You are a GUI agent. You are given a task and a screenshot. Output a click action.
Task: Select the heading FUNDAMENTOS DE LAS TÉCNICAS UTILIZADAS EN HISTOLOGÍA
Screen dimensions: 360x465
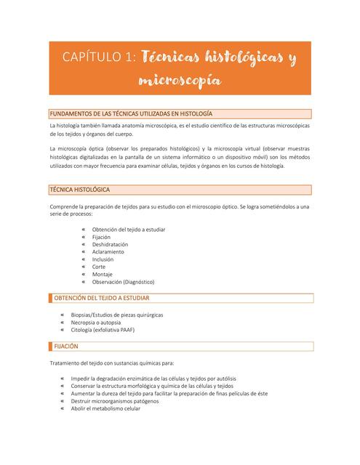[130, 113]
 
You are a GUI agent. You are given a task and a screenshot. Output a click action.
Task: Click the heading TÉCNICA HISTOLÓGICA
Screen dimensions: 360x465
[79, 190]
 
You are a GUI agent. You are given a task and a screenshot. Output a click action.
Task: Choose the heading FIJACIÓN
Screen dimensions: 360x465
[65, 346]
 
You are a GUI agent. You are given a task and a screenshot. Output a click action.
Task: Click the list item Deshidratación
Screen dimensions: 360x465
[110, 244]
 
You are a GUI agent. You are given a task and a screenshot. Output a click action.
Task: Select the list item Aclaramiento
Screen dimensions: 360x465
[108, 251]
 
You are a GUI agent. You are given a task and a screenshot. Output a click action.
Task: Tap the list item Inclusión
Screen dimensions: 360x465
[103, 259]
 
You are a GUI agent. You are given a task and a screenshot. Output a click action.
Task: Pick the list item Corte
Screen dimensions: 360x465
[99, 267]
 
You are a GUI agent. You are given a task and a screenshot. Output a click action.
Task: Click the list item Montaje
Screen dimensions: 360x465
[102, 274]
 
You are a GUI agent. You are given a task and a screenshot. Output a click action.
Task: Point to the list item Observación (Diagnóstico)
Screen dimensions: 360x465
[123, 281]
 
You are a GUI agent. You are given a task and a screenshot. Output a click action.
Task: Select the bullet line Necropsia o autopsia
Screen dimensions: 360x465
[96, 322]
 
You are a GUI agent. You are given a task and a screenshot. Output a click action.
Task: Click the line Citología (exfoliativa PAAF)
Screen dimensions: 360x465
[103, 329]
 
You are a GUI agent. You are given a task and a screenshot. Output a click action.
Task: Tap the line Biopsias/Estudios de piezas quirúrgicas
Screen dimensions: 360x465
[117, 315]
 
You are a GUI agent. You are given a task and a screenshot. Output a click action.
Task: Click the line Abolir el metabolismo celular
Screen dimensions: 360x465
[105, 408]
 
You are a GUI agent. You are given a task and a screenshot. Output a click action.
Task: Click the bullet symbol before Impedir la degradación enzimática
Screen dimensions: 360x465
[62, 379]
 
